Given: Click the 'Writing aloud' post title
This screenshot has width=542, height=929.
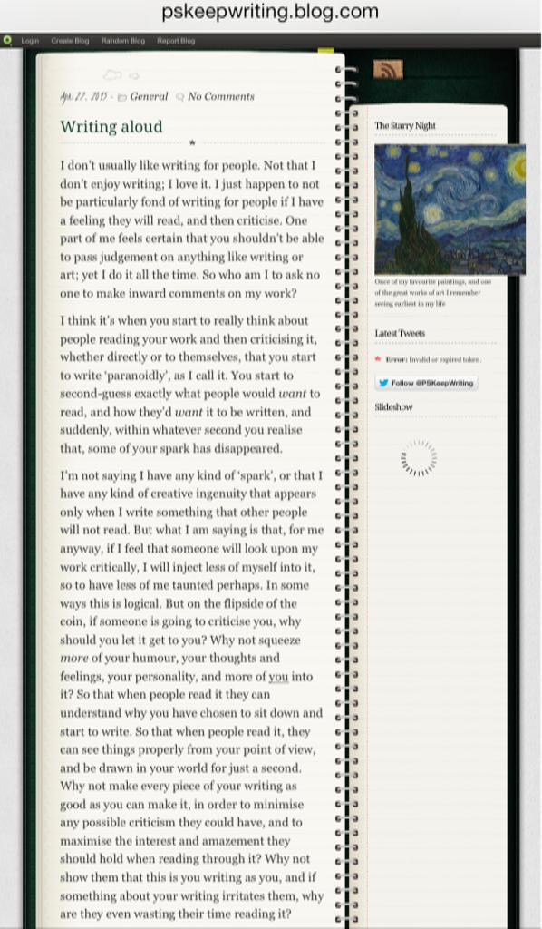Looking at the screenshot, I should (x=111, y=126).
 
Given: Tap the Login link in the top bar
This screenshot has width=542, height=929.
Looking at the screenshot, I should (x=30, y=41).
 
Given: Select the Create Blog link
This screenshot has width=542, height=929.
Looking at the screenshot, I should (x=70, y=41).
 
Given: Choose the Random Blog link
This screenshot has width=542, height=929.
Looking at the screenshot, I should (x=122, y=41).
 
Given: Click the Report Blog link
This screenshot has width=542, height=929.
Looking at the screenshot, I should (x=176, y=41).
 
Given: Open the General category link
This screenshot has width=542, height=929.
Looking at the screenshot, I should (x=149, y=96).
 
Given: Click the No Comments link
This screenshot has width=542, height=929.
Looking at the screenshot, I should (x=220, y=96).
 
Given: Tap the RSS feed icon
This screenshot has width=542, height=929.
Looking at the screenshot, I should (x=388, y=70).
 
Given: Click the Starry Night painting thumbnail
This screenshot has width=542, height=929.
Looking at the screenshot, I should (x=450, y=209).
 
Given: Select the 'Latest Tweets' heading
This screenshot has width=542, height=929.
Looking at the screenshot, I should (x=400, y=333).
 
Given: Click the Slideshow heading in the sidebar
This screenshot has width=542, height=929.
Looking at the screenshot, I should (x=393, y=407).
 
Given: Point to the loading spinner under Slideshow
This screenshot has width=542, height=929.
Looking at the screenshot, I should (x=418, y=458).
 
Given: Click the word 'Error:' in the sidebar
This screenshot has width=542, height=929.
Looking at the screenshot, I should (x=396, y=359).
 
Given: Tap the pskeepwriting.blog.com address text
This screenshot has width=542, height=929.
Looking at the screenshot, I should (x=270, y=12).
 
